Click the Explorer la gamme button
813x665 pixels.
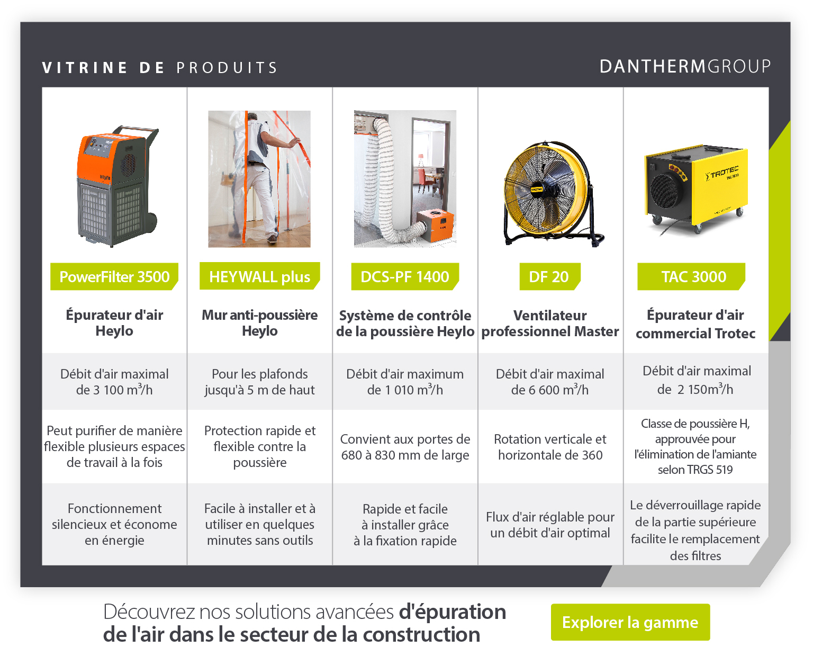[630, 622]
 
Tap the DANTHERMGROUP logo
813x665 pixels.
[685, 66]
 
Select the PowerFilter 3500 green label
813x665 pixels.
[114, 276]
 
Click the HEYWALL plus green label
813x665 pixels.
[259, 276]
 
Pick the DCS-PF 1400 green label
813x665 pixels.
[405, 276]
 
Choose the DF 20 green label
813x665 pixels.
[550, 276]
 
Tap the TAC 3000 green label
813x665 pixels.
[691, 276]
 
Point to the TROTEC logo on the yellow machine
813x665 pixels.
[721, 173]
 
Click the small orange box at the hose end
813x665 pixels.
[435, 226]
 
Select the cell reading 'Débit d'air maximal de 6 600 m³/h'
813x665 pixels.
[550, 382]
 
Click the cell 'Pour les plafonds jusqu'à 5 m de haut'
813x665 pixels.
[259, 382]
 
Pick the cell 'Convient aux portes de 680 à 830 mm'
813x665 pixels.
[405, 447]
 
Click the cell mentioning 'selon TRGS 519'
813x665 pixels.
[695, 446]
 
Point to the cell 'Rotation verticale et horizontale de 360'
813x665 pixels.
[550, 447]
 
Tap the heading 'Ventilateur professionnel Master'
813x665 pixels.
[550, 323]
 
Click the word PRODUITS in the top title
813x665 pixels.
[227, 67]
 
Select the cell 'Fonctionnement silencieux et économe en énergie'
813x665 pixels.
[114, 524]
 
